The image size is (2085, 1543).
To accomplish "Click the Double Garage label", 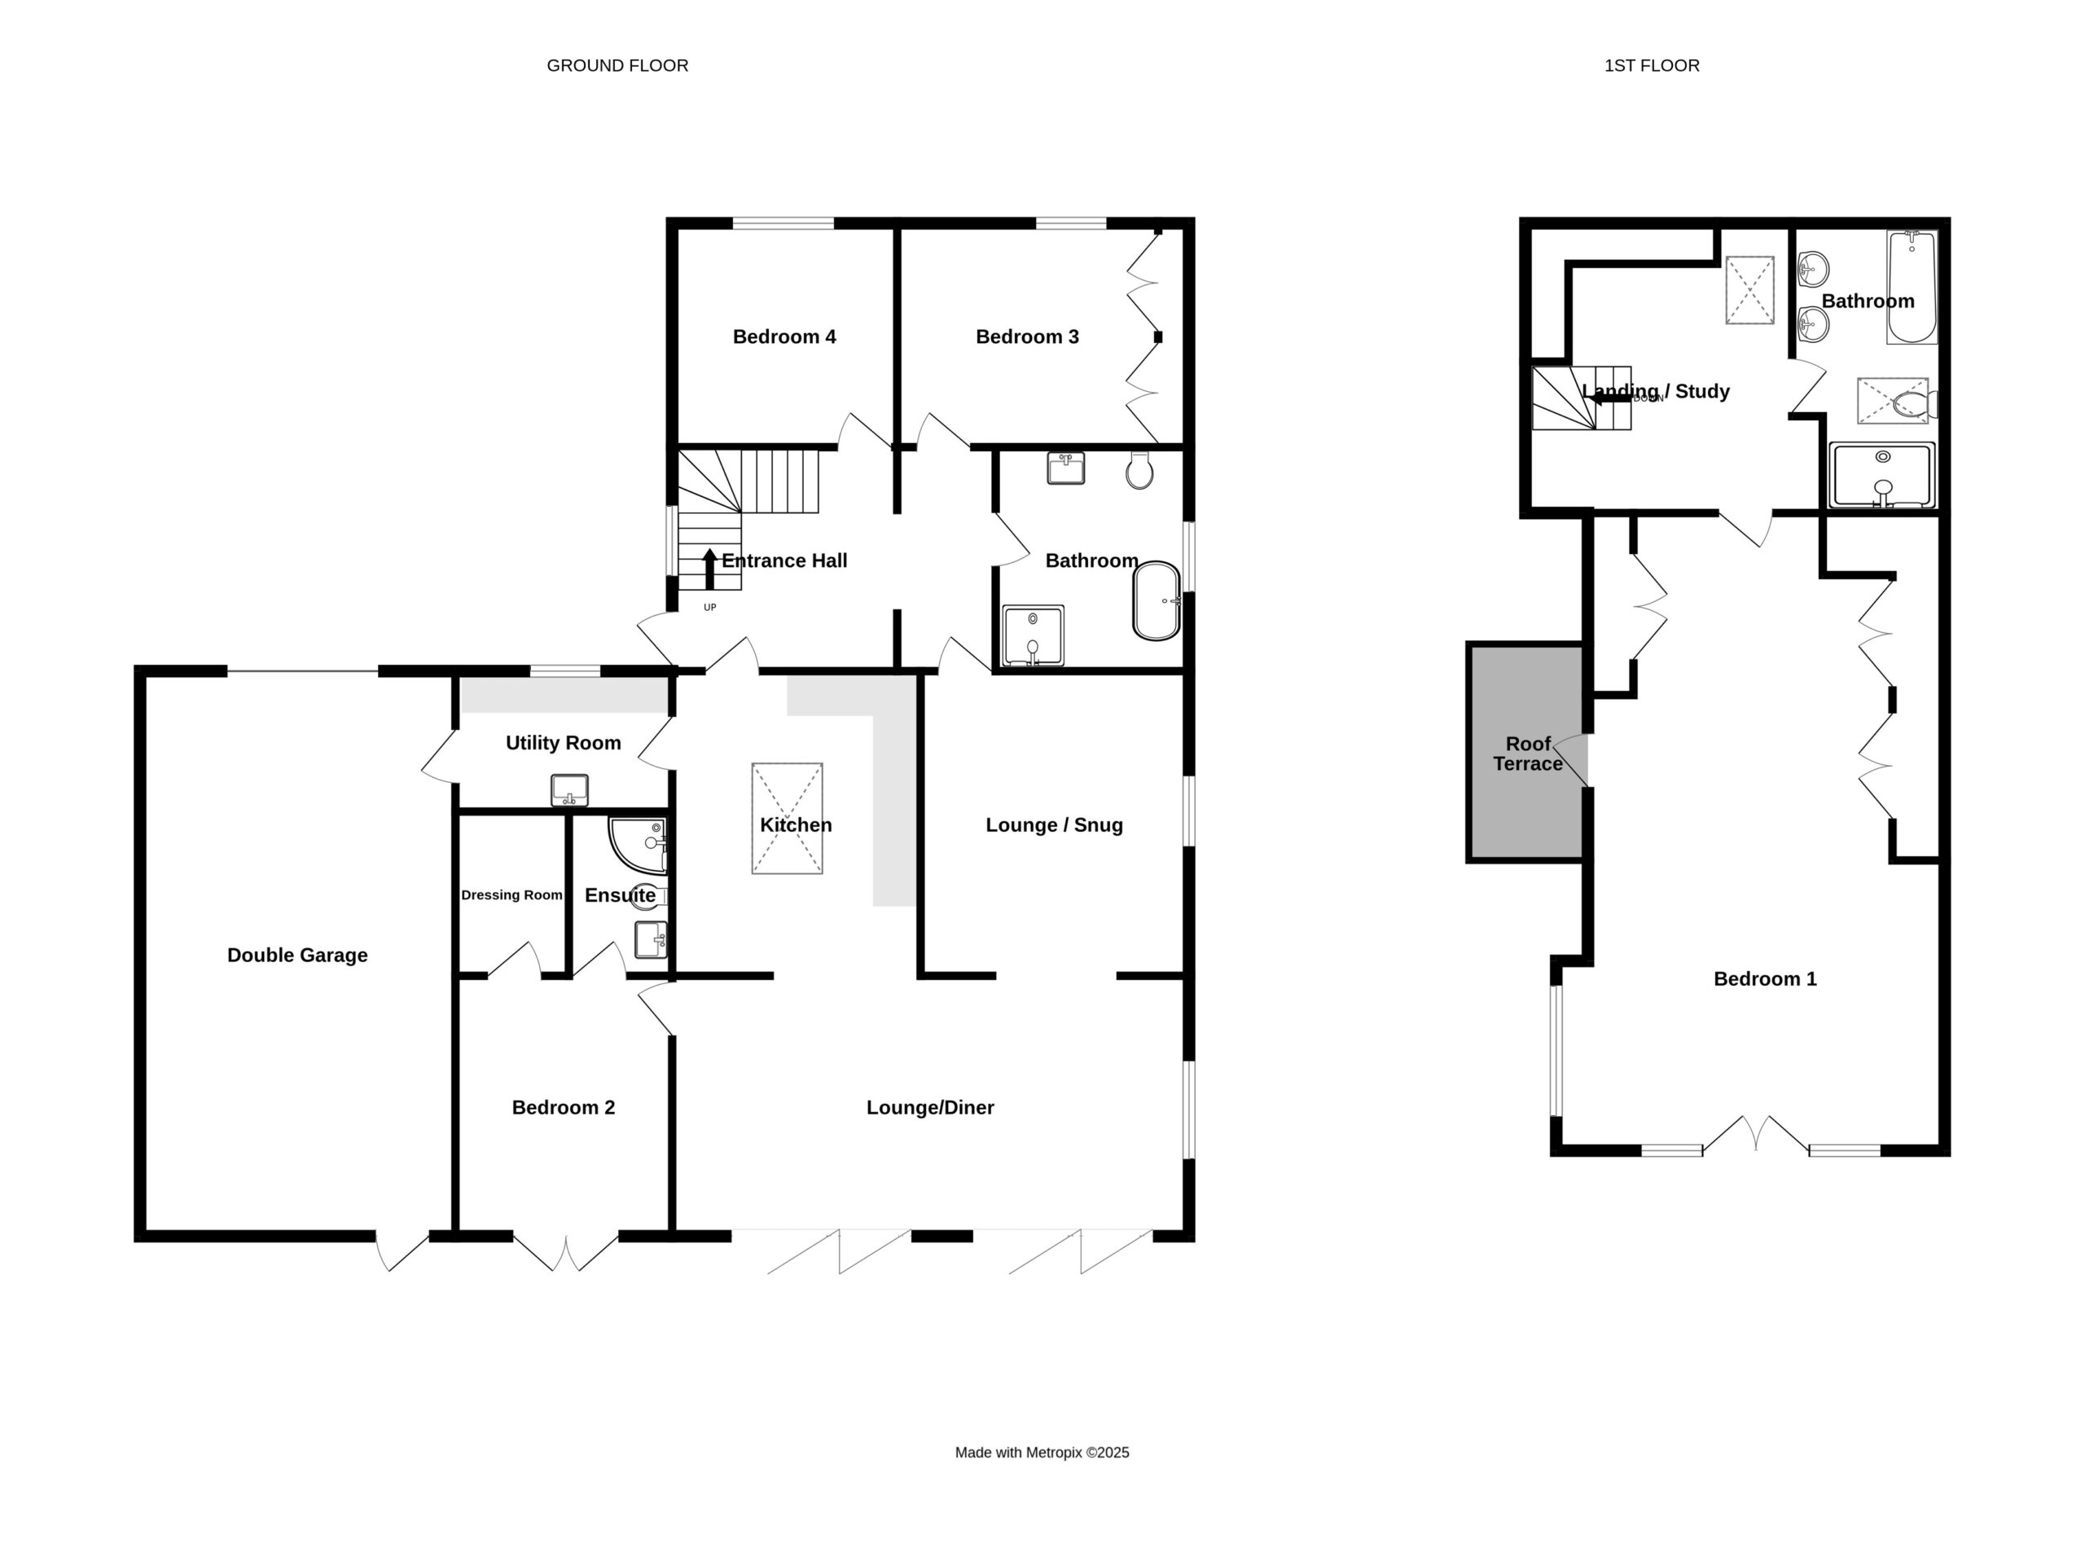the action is click(x=297, y=955).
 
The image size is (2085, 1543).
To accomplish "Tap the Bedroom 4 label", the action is click(x=784, y=336).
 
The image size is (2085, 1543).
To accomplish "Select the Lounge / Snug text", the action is click(x=1054, y=824).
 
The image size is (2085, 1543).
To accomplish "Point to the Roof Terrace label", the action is click(x=1528, y=754).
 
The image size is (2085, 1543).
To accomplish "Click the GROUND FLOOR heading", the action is click(x=617, y=65).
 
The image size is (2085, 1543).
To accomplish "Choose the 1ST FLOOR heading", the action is click(x=1652, y=65).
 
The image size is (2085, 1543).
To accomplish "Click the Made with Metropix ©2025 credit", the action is click(x=1042, y=1453).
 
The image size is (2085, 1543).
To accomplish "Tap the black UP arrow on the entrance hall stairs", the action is click(x=709, y=569).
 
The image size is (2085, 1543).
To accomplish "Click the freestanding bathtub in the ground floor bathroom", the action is click(x=1157, y=600).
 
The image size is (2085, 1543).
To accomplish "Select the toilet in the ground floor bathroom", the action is click(x=1139, y=471).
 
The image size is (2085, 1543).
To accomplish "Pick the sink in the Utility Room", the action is click(x=569, y=790).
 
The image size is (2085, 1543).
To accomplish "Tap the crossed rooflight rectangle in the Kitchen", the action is click(x=787, y=818).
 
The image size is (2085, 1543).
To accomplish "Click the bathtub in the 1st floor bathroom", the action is click(x=1912, y=287).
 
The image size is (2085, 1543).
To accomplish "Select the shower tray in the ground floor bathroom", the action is click(x=1033, y=636).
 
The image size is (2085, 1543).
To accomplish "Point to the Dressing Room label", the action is click(x=511, y=895).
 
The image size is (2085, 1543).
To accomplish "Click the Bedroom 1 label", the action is click(x=1765, y=979).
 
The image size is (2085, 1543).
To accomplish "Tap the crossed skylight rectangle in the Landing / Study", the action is click(x=1749, y=289).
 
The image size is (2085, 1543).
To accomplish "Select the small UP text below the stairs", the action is click(x=709, y=607).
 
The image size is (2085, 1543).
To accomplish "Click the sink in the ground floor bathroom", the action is click(x=1065, y=468).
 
